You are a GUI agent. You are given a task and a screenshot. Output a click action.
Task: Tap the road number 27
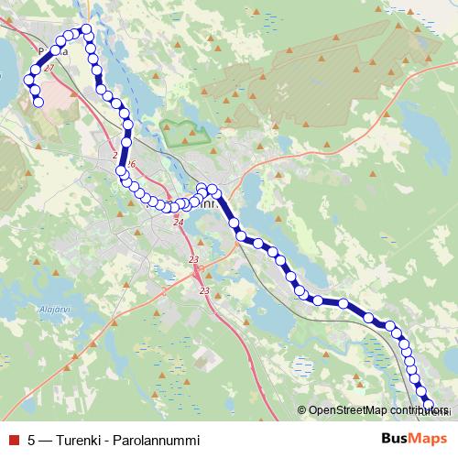click(x=49, y=69)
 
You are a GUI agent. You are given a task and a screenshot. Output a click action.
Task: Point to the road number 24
click(x=178, y=223)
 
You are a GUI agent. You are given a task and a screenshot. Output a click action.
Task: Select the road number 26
click(x=130, y=165)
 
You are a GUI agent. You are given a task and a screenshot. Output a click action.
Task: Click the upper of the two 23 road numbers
click(x=193, y=261)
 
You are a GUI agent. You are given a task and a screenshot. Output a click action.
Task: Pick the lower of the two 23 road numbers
click(x=204, y=291)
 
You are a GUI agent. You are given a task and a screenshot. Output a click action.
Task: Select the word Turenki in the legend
click(x=79, y=440)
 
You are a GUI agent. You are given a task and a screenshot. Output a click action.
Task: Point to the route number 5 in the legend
click(x=32, y=440)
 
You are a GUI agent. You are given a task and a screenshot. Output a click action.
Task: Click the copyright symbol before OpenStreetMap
click(x=302, y=411)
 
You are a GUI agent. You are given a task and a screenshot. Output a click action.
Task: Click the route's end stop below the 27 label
click(x=39, y=102)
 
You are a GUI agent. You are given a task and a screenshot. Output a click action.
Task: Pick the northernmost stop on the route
click(x=86, y=29)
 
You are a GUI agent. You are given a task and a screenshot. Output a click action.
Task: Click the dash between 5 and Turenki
click(x=46, y=440)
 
